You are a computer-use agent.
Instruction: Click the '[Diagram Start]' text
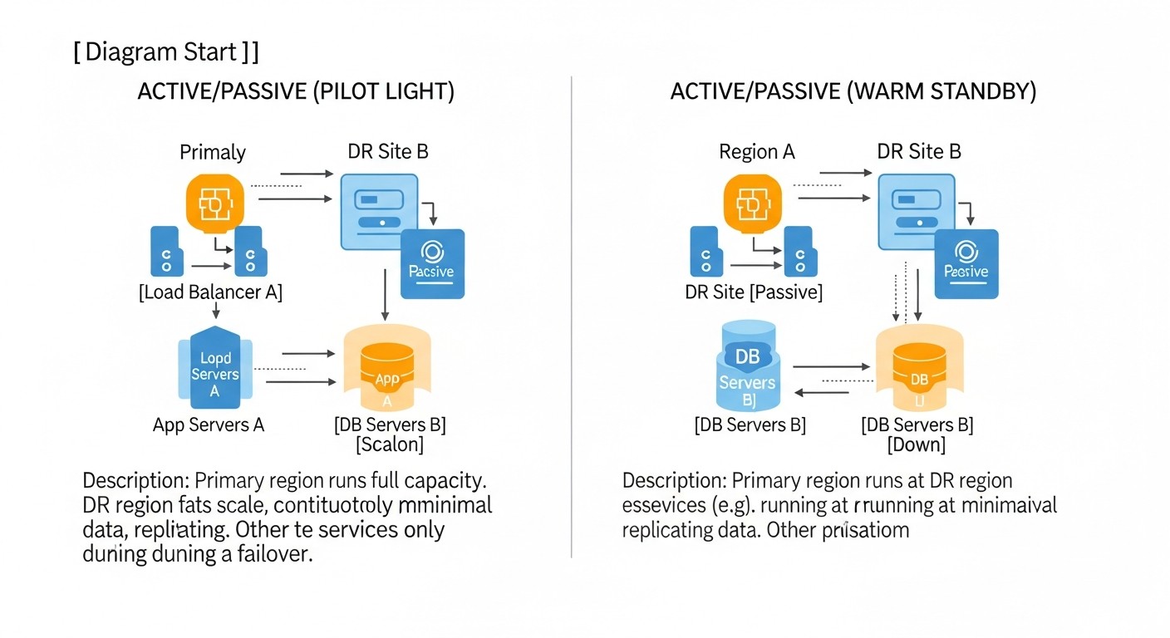[x=166, y=52]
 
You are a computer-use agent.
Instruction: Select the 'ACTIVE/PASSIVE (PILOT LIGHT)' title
[x=295, y=91]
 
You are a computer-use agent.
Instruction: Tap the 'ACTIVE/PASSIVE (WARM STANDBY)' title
[x=853, y=91]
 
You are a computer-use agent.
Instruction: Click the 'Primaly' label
[x=213, y=152]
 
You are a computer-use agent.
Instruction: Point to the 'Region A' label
[x=756, y=151]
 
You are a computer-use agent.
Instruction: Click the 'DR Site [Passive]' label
[x=754, y=292]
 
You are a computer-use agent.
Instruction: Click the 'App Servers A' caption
[x=209, y=425]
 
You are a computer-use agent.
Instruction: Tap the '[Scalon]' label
[x=390, y=445]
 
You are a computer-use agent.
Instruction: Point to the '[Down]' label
[x=917, y=445]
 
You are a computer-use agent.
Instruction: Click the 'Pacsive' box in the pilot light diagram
[x=432, y=263]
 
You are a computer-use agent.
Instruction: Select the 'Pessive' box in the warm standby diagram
[x=966, y=263]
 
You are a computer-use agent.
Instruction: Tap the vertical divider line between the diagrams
[x=572, y=316]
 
